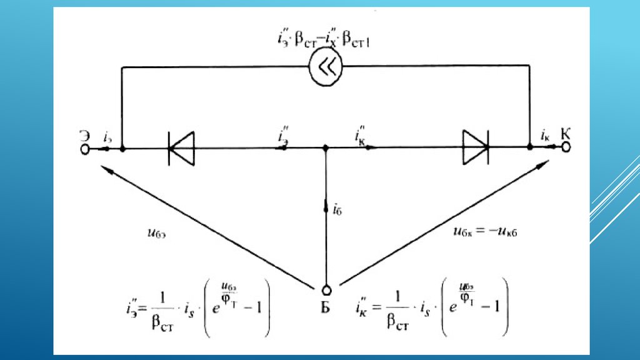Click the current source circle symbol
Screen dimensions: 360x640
(326, 67)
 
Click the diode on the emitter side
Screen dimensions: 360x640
(181, 149)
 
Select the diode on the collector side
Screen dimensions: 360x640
(476, 148)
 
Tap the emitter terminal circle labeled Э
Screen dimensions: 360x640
(84, 149)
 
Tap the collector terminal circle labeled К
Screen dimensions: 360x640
(566, 147)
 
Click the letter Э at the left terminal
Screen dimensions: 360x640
(83, 133)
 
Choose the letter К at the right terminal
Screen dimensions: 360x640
(566, 132)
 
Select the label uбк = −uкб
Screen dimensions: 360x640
(486, 231)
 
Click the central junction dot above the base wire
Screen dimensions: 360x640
(326, 149)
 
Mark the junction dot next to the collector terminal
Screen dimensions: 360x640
(530, 147)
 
